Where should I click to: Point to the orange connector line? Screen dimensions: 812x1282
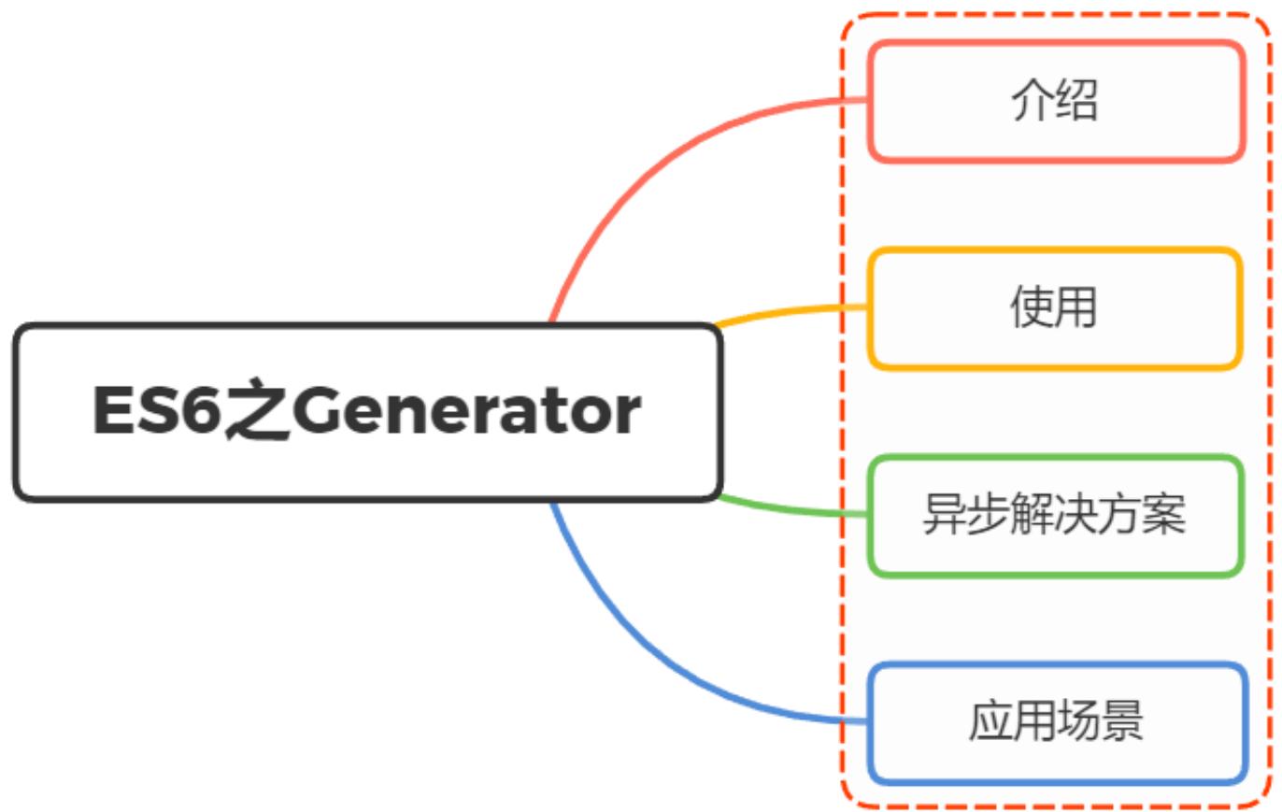click(794, 310)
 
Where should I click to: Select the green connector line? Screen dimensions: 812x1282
click(794, 510)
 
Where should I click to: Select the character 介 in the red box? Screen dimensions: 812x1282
click(1033, 100)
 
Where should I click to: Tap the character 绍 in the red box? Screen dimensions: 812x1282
click(1077, 100)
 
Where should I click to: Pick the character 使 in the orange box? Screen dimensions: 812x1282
click(1032, 307)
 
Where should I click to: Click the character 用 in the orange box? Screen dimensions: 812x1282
click(1076, 307)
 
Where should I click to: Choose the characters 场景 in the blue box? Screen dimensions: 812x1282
click(1100, 722)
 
